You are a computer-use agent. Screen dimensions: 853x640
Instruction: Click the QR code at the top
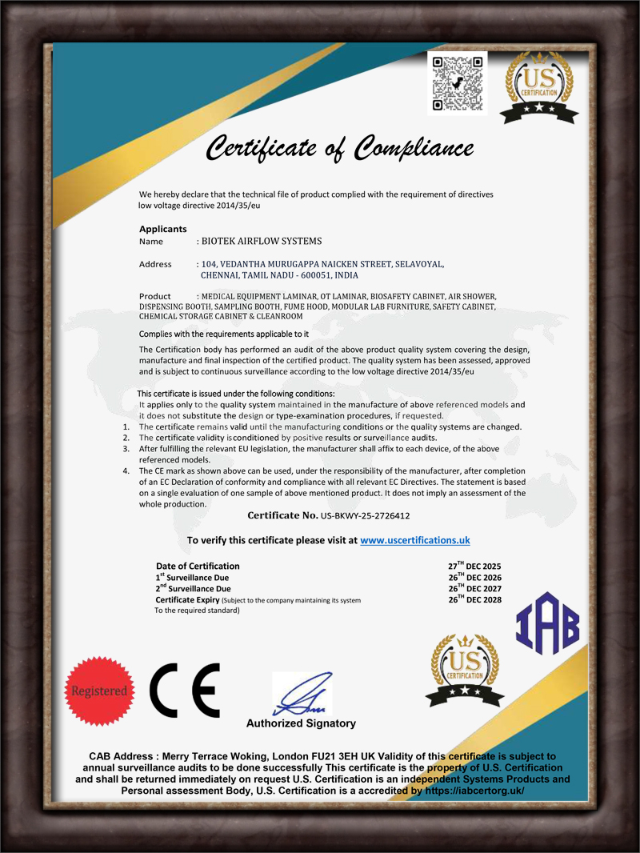[x=457, y=83]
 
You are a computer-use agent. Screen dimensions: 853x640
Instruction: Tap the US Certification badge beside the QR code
[x=540, y=86]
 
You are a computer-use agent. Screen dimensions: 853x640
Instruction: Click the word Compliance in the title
[x=414, y=148]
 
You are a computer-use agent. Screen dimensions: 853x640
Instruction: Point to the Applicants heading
[x=162, y=229]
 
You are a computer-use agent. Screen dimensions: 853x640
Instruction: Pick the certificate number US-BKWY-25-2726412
[x=365, y=516]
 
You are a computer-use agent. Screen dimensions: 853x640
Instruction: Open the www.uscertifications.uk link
[x=414, y=541]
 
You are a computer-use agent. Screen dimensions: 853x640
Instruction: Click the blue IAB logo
[x=547, y=625]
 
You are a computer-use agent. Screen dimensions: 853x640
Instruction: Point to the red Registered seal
[x=99, y=691]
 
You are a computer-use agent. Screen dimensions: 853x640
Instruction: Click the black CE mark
[x=185, y=691]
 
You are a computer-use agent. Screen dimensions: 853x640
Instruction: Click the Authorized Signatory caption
[x=301, y=723]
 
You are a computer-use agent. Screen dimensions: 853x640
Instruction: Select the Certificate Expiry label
[x=187, y=600]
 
